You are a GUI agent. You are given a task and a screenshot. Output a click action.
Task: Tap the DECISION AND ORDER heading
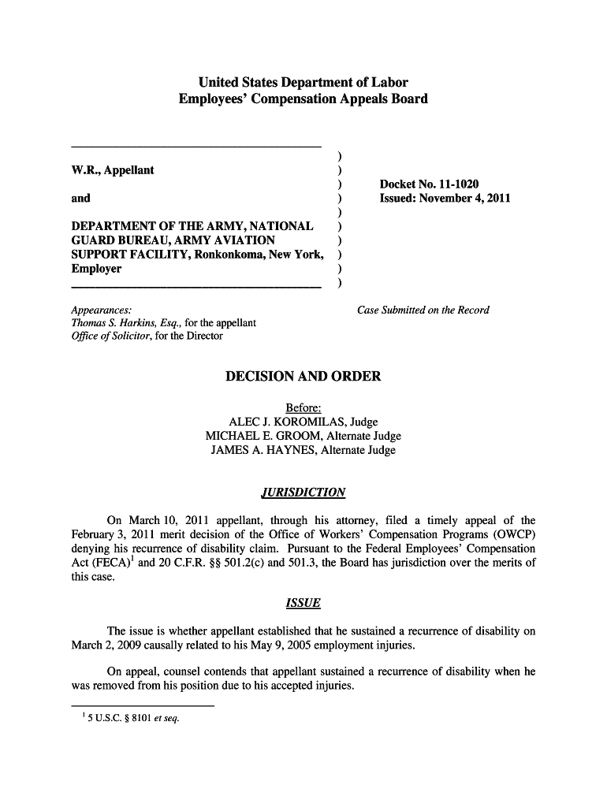[303, 377]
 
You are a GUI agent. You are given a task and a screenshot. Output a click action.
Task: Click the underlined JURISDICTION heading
[303, 493]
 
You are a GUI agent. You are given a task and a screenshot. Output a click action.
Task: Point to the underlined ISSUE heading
[303, 604]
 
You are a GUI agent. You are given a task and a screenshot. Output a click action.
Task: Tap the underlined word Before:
[303, 408]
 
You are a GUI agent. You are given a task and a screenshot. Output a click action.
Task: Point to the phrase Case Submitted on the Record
[423, 310]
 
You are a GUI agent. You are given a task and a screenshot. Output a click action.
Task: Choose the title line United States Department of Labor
[303, 83]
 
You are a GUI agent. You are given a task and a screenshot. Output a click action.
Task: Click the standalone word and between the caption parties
[80, 199]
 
